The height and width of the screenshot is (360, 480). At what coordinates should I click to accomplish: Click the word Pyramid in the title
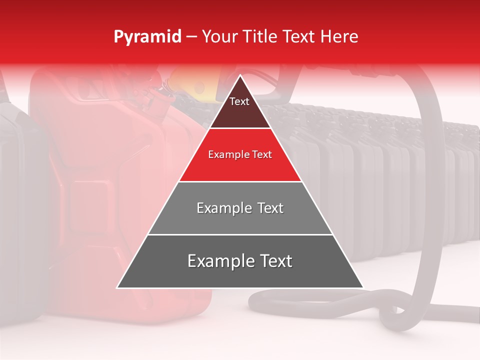(x=147, y=37)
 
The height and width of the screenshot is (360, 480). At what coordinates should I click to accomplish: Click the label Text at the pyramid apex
(x=239, y=101)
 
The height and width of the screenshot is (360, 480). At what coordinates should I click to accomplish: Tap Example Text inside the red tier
(x=240, y=154)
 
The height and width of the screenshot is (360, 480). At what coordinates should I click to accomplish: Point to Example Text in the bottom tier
(x=240, y=261)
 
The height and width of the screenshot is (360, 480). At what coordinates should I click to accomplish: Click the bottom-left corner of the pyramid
(x=118, y=287)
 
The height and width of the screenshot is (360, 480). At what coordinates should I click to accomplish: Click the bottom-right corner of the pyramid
(x=362, y=287)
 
